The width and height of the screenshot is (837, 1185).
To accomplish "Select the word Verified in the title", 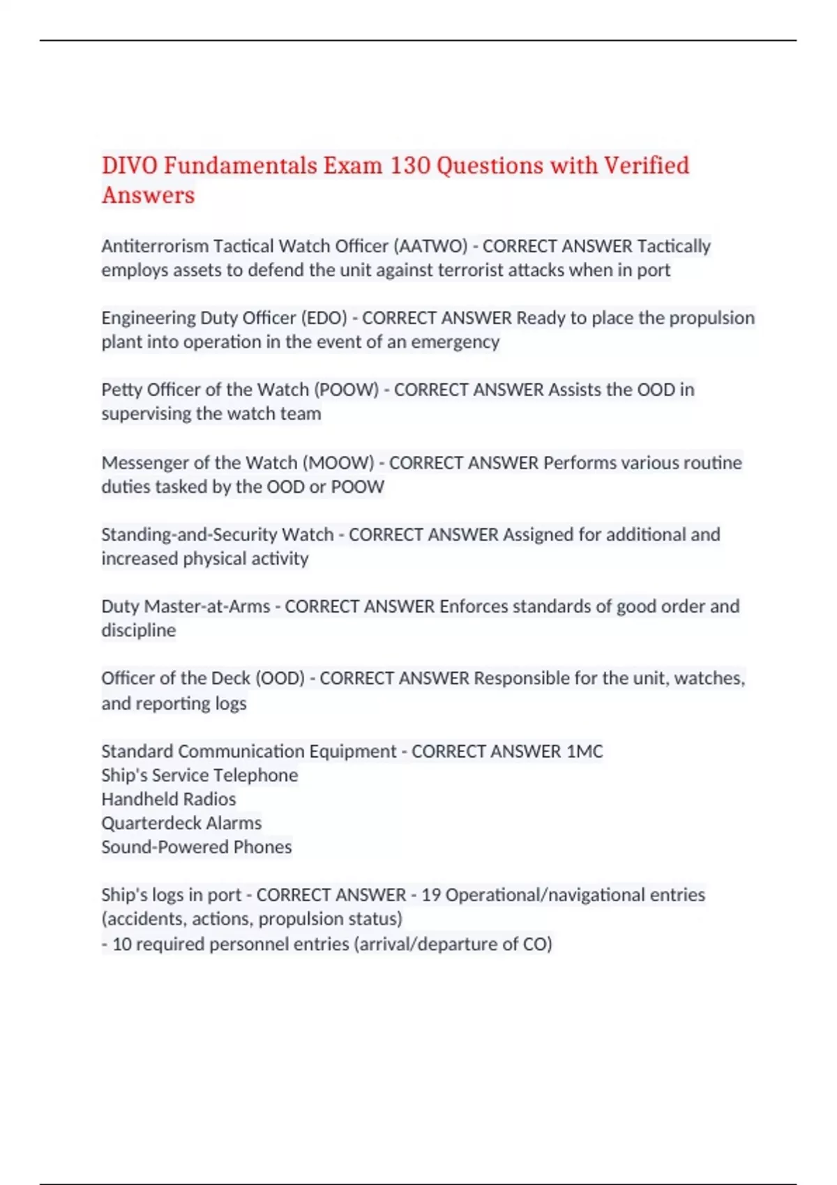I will tap(646, 166).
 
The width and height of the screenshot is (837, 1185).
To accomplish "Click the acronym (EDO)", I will tap(324, 318).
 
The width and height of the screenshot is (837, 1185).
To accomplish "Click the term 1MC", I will tap(585, 751).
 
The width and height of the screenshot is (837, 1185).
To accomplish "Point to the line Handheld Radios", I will tap(169, 799).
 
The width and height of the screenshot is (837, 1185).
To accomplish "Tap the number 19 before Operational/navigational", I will tap(431, 895).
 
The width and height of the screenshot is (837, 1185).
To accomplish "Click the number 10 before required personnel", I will tap(122, 944).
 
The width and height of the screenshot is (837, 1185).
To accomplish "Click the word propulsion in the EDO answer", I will tap(711, 318).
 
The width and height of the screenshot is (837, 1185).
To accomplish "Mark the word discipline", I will tap(139, 630).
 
